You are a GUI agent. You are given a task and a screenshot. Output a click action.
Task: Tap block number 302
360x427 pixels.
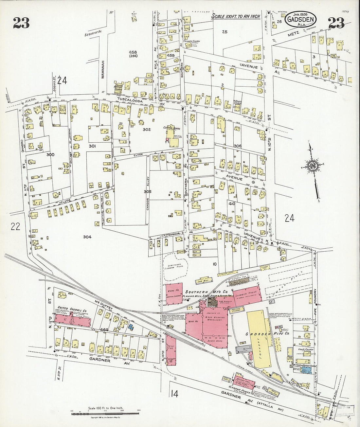[x=147, y=130]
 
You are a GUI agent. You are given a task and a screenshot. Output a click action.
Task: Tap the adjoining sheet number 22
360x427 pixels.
[x=15, y=226]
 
